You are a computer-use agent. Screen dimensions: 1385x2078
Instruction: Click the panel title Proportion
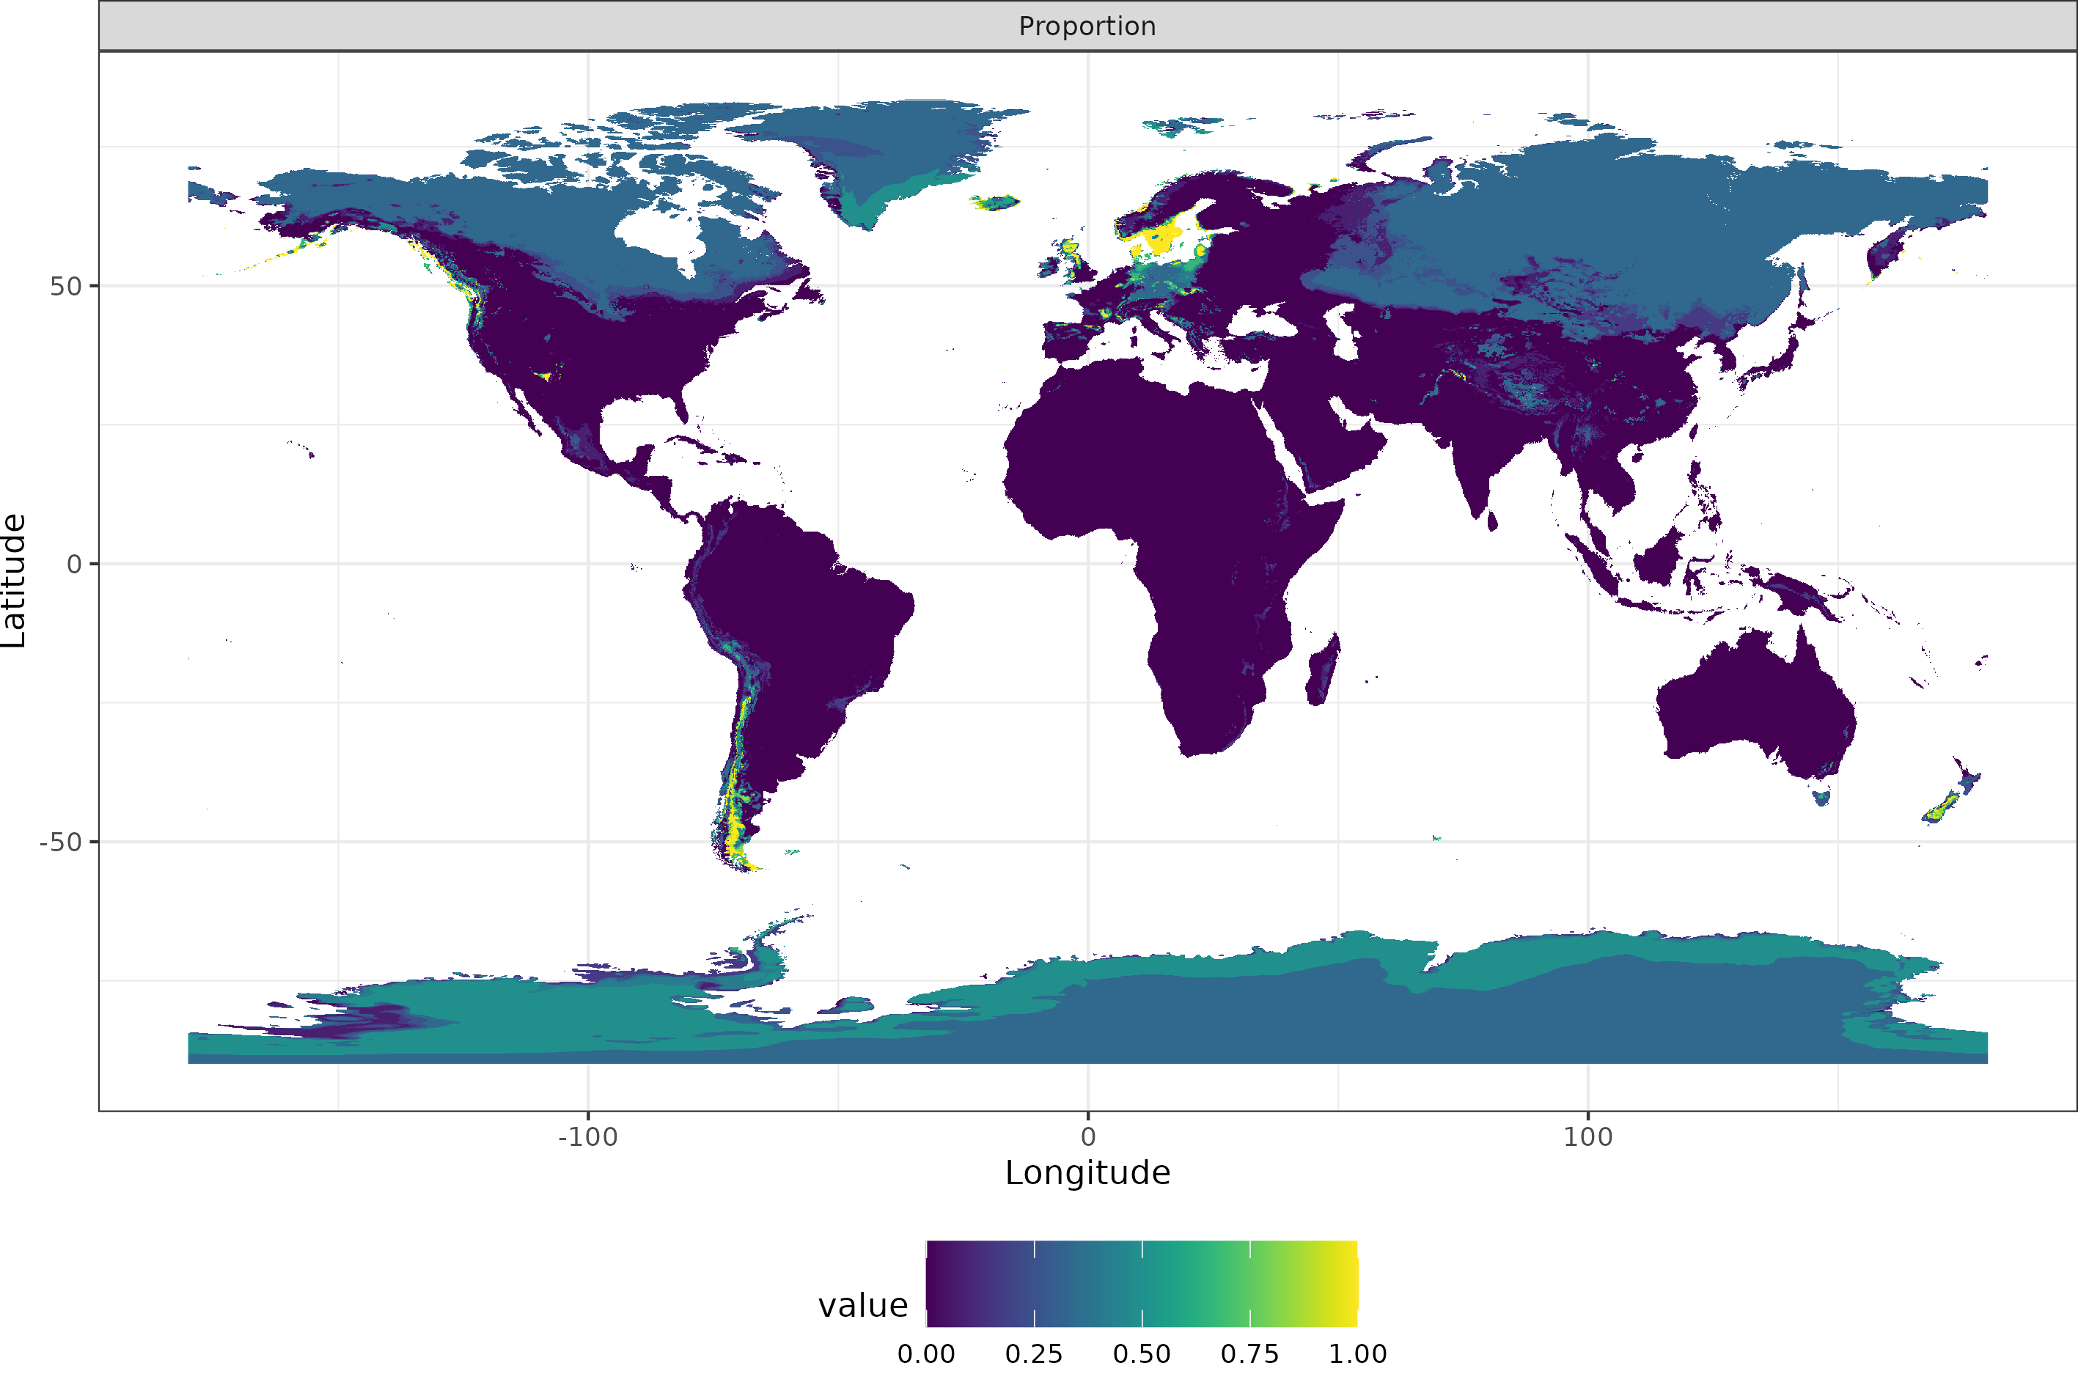1087,26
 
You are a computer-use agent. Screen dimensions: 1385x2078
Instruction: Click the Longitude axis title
1087,1173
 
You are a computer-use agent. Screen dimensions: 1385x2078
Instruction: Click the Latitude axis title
14,581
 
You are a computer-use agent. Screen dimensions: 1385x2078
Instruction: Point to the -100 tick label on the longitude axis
587,1136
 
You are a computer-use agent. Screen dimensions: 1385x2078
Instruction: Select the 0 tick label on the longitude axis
1088,1136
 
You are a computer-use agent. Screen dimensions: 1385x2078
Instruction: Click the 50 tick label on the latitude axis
65,286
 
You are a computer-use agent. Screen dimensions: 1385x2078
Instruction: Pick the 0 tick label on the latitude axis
74,564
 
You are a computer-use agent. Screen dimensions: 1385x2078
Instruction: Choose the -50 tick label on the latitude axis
60,842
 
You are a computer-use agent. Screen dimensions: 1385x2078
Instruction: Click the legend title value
863,1306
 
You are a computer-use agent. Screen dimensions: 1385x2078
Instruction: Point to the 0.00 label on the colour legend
925,1354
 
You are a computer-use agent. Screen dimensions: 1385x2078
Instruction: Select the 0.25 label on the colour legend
1033,1354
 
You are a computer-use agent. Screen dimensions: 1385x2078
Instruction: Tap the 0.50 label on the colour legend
1141,1354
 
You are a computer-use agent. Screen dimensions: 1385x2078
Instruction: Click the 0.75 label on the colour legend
1249,1354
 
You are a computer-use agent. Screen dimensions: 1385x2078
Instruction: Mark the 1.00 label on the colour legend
1357,1354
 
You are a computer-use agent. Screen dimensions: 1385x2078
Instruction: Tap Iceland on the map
995,202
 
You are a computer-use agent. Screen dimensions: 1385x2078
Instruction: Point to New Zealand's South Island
1942,808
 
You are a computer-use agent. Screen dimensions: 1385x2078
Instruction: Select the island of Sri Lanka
1491,522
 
